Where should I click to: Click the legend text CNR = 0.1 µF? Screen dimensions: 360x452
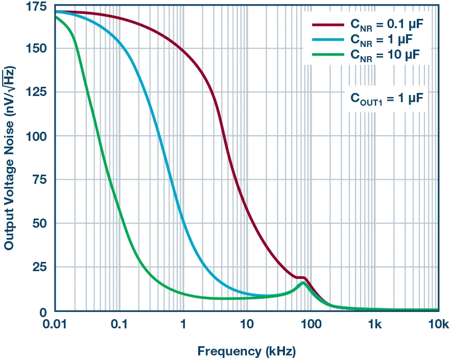coord(386,24)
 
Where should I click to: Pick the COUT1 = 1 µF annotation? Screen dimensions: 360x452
coord(387,98)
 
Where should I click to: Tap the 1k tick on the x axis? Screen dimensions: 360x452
coord(375,325)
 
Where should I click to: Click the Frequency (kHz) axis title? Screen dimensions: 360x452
coord(247,351)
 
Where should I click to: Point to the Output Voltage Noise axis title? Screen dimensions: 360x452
coord(9,158)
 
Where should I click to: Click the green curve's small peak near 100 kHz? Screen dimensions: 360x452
coord(303,282)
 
